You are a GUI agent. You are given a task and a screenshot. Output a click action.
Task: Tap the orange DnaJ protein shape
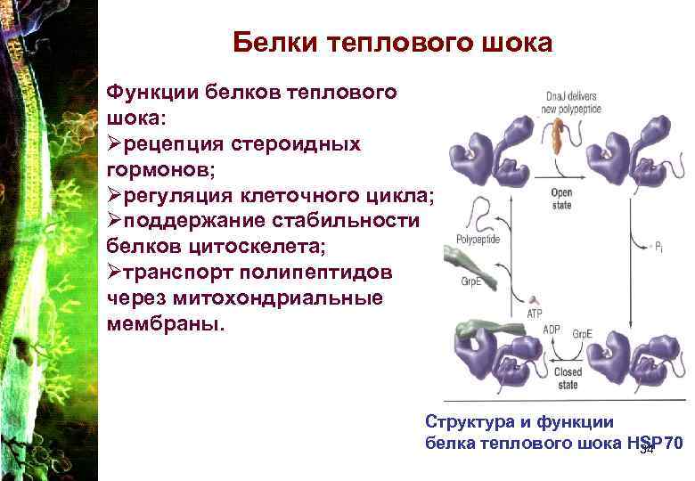560,135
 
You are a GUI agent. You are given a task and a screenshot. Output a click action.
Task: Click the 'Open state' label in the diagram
561,198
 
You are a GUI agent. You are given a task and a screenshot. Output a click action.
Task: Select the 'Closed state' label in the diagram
568,378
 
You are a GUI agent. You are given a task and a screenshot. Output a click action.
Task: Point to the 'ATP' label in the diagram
535,314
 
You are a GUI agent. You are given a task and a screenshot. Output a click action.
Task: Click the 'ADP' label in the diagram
552,329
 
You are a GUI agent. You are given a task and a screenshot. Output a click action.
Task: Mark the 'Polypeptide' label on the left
478,240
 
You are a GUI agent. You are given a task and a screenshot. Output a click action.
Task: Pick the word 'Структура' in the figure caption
463,420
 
